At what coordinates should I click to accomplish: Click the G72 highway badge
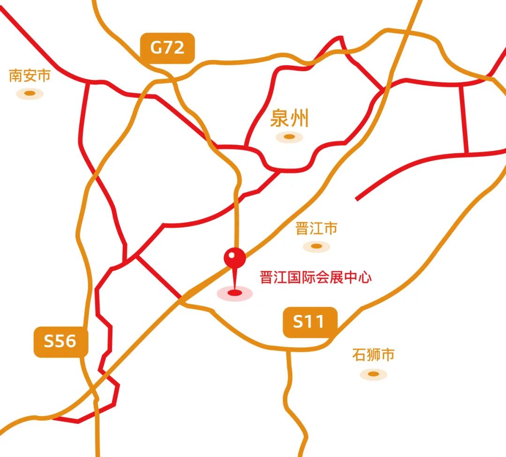(x=167, y=48)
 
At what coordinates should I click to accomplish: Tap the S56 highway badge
(x=61, y=341)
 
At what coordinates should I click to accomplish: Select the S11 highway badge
(x=310, y=322)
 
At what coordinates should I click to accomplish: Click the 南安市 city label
(x=30, y=75)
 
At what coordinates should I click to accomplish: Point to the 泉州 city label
(x=290, y=119)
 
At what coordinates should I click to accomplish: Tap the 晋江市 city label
(x=316, y=229)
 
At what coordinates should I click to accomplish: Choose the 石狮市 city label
(x=373, y=355)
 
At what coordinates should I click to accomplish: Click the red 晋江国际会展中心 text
(x=316, y=277)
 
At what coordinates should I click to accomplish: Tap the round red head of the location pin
(x=235, y=258)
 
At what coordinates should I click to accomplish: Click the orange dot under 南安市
(x=30, y=93)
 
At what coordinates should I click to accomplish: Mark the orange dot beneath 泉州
(x=290, y=137)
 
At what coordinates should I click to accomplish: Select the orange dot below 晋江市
(x=316, y=246)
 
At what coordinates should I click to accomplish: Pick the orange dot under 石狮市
(x=373, y=374)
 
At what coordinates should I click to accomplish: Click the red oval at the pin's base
(x=235, y=293)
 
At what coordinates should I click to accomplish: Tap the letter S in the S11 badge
(x=298, y=322)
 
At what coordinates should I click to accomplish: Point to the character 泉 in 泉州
(x=280, y=119)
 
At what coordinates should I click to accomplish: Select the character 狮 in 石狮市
(x=373, y=355)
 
